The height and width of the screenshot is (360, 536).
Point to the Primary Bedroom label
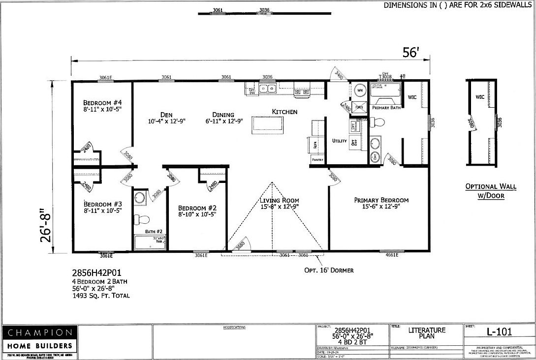[x=381, y=200]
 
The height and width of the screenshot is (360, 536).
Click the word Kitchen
[x=284, y=112]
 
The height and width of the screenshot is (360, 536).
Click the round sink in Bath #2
[x=140, y=198]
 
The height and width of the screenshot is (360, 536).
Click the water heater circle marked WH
[x=359, y=90]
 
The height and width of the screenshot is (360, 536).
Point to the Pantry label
[x=317, y=160]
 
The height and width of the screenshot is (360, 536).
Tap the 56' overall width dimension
[x=410, y=53]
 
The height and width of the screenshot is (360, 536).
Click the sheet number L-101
[x=498, y=332]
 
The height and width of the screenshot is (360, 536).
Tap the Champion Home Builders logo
[x=39, y=338]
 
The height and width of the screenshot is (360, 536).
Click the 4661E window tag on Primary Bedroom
[x=392, y=255]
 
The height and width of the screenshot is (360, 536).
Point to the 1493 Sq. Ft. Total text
[x=101, y=296]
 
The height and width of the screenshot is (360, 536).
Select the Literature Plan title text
[x=426, y=333]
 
